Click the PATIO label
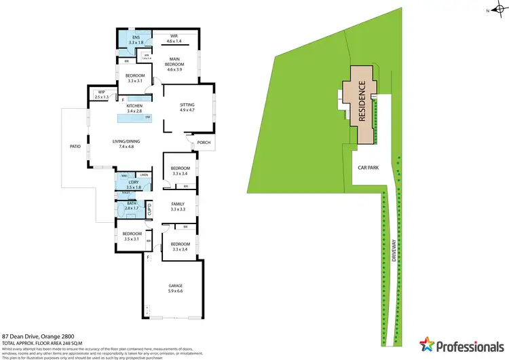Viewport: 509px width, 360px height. click(76, 145)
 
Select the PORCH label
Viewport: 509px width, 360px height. click(203, 143)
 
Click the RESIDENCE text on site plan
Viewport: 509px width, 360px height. click(362, 102)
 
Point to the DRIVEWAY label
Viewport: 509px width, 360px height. click(394, 251)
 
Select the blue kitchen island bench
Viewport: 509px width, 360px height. click(134, 119)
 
